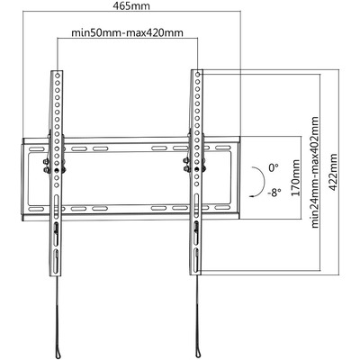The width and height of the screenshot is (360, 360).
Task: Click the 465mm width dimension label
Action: (x=131, y=6)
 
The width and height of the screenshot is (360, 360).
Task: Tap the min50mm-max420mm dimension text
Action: (x=127, y=32)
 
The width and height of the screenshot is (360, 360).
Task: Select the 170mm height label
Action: (x=296, y=178)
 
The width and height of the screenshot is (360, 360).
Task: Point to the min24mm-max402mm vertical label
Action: (x=315, y=172)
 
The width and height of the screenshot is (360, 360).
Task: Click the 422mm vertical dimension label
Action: (x=333, y=172)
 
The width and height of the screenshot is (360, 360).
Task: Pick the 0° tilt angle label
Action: (x=274, y=167)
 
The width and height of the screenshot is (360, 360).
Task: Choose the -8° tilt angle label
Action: (x=274, y=192)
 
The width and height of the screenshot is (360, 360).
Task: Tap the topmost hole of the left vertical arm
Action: (x=57, y=74)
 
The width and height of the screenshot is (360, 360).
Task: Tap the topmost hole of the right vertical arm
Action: (x=197, y=74)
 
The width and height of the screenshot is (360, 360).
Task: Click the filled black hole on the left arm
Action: (x=57, y=170)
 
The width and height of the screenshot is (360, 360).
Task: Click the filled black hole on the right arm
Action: (x=197, y=170)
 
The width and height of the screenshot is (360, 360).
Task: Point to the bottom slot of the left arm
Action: (x=56, y=260)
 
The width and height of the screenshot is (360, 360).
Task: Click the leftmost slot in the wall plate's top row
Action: (x=36, y=148)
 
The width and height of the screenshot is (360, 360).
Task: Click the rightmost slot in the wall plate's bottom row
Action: (x=223, y=208)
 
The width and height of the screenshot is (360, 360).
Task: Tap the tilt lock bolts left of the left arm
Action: (x=46, y=166)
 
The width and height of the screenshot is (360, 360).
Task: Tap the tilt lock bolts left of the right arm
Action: (x=186, y=166)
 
